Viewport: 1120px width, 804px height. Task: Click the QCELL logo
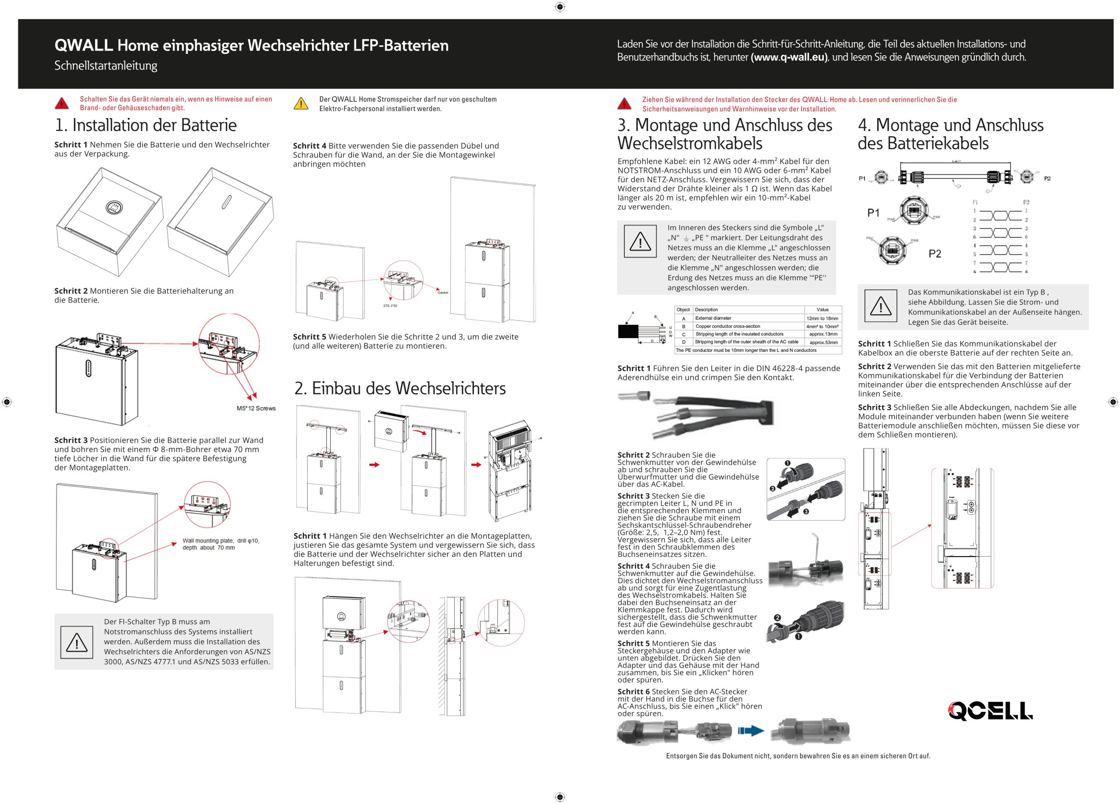point(990,711)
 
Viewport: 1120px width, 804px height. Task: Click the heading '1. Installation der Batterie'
point(146,125)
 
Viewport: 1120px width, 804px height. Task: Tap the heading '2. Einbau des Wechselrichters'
point(400,388)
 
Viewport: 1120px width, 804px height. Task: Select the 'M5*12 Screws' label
point(256,408)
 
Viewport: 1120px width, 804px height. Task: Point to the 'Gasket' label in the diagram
point(442,293)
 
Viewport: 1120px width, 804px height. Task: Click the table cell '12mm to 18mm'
point(822,318)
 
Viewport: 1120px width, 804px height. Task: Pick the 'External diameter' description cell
point(713,318)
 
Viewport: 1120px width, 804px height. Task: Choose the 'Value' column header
point(822,310)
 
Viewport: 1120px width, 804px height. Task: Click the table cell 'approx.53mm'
point(823,342)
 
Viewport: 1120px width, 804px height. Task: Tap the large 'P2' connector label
point(935,254)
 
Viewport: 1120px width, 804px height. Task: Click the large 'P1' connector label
point(874,213)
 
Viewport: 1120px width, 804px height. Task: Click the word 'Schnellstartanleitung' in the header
point(106,66)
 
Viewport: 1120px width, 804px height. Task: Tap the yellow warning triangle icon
point(301,104)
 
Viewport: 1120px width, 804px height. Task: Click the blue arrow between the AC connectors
point(751,731)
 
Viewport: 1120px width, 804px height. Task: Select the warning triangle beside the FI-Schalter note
point(77,642)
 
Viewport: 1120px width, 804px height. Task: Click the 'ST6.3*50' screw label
point(390,306)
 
